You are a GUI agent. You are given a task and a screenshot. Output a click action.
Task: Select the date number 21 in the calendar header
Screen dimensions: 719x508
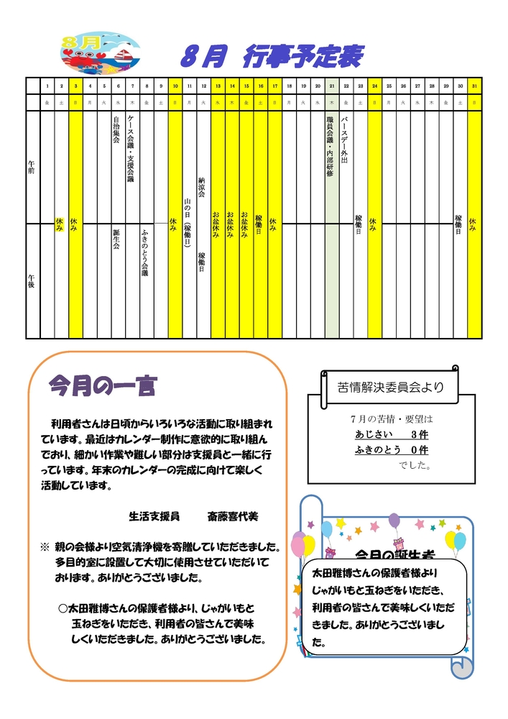[x=331, y=86]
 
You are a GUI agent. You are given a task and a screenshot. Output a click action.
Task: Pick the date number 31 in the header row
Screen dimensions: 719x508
[x=474, y=86]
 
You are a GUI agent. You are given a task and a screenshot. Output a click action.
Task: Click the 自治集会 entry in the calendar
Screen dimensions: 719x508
[x=117, y=129]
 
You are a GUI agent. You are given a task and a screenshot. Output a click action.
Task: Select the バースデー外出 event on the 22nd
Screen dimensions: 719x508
[x=346, y=139]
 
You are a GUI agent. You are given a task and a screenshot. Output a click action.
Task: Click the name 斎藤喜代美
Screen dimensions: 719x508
[x=232, y=516]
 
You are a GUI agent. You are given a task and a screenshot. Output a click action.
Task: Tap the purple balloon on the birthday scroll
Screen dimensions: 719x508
[x=394, y=520]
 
